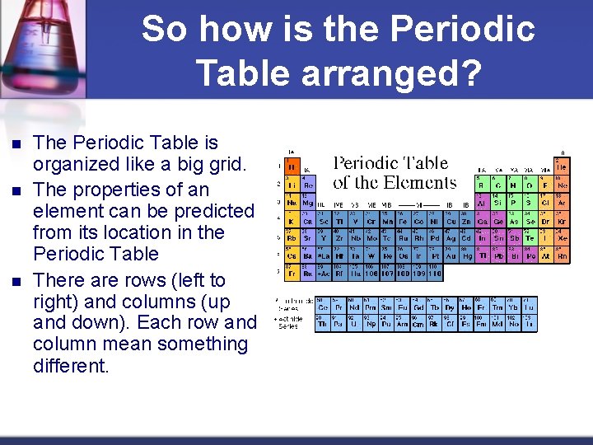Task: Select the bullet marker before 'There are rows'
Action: [16, 280]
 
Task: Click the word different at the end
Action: [71, 366]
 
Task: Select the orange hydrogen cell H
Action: [291, 166]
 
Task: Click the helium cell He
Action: [562, 166]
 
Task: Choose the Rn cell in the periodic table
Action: [562, 256]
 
